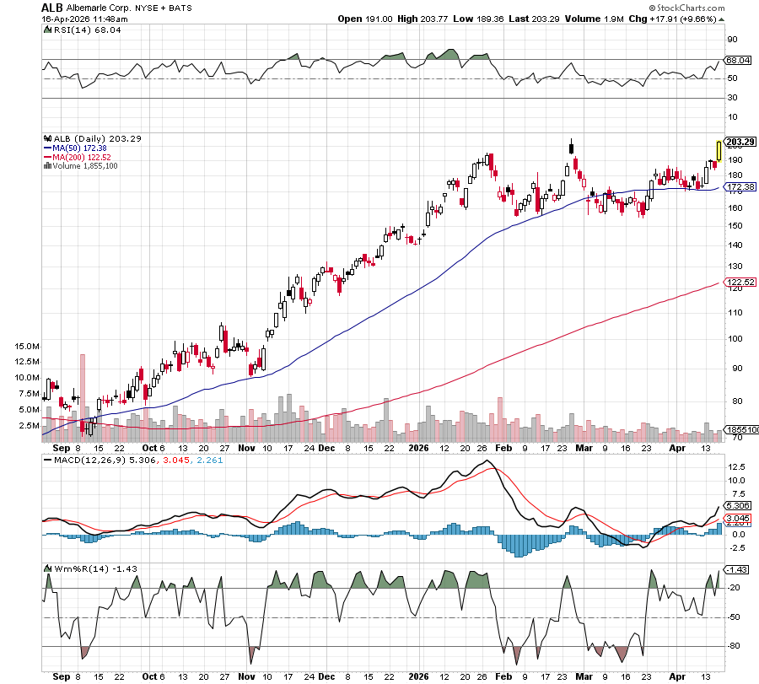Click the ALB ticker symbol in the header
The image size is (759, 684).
click(x=51, y=7)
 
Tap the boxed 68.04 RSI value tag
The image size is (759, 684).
click(x=738, y=60)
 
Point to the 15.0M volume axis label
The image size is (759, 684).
click(x=27, y=347)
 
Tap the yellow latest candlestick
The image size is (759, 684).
click(x=719, y=150)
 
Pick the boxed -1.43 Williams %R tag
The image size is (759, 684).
click(x=737, y=570)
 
